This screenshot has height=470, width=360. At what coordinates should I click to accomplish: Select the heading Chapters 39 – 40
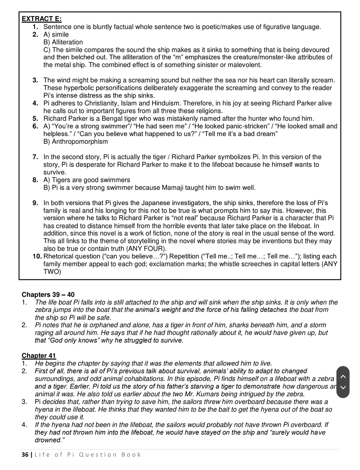click(48, 295)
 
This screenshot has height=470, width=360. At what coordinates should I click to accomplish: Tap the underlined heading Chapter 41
click(39, 356)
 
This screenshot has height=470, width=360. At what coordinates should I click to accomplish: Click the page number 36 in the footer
click(25, 455)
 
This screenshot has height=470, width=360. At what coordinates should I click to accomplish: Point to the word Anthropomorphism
click(80, 141)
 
